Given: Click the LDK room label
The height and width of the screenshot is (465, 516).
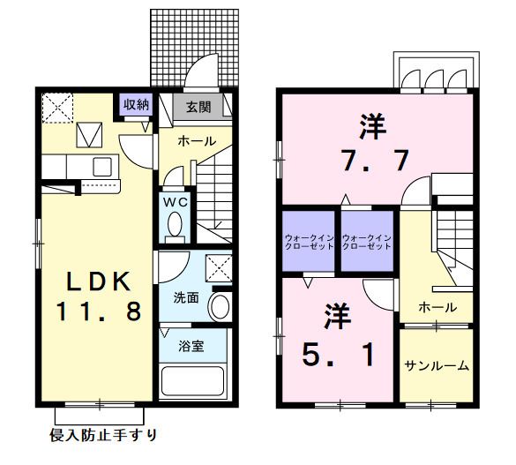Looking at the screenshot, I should [x=100, y=281].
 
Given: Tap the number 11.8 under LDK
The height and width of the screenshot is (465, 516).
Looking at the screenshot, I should [x=100, y=311].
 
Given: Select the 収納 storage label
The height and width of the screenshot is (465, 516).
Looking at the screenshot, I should [x=136, y=104].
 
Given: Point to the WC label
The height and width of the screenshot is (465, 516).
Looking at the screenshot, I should [x=175, y=201].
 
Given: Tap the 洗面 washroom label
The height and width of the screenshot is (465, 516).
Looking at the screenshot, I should [x=185, y=298].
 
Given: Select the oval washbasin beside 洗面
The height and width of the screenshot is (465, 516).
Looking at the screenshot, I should [x=221, y=308].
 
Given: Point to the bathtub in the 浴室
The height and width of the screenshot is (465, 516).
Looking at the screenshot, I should [x=194, y=382].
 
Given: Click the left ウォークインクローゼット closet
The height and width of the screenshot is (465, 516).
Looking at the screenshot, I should [x=309, y=242].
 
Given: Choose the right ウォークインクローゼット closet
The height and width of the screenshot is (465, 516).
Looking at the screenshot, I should [x=367, y=242].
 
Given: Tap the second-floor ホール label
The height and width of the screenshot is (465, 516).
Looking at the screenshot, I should [x=437, y=307].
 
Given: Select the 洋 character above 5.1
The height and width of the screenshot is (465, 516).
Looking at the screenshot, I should [x=334, y=312].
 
